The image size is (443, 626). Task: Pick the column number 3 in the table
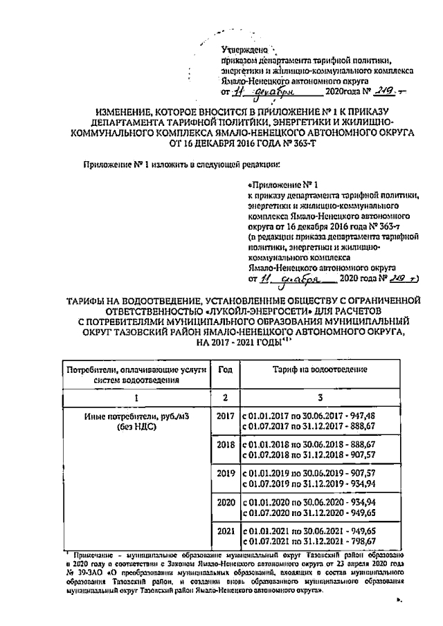click(x=318, y=398)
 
